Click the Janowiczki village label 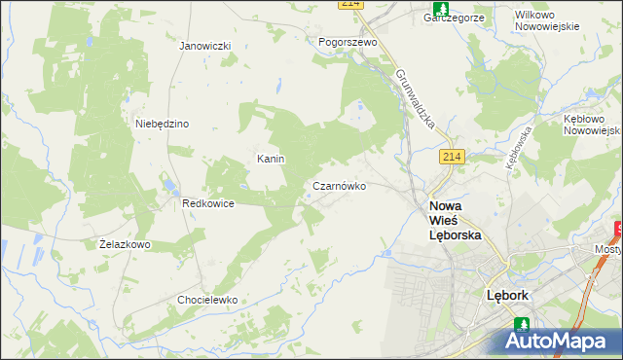point(204,46)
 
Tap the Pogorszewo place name point(348,43)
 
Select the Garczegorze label point(454,17)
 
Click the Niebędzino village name point(162,124)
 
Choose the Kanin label point(270,159)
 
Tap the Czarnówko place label point(339,185)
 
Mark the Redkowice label point(207,204)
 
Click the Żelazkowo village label point(125,244)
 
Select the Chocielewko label point(207,300)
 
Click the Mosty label point(607,249)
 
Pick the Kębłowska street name point(517,147)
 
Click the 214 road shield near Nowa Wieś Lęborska point(451,158)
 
